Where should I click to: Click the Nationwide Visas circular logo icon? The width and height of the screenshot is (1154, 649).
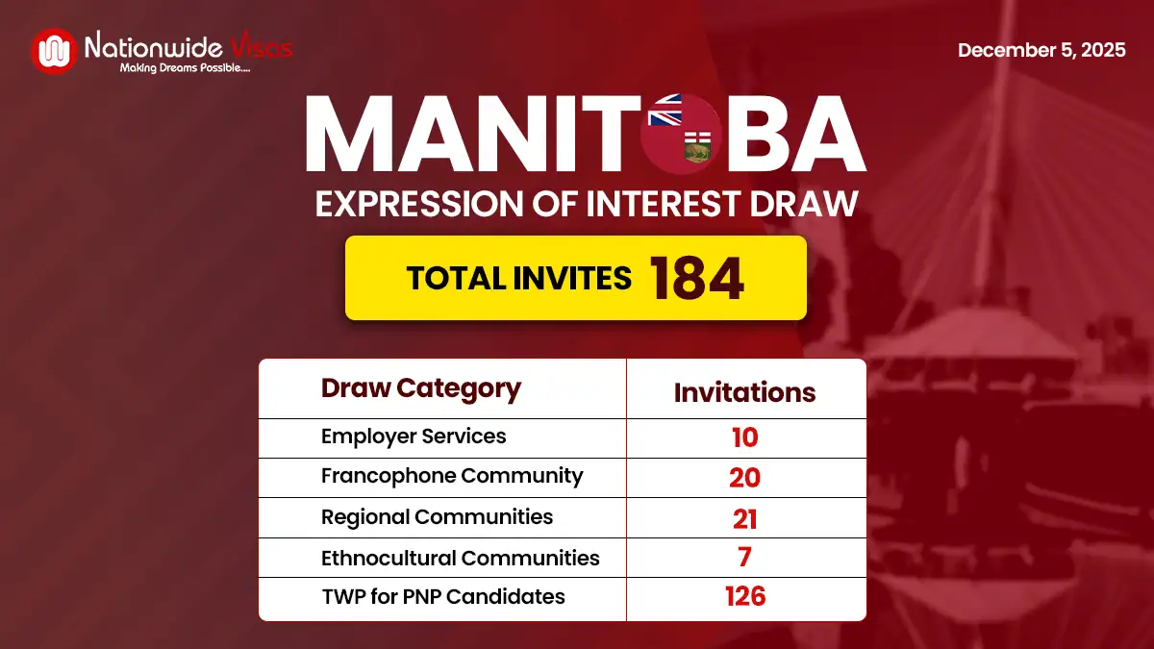pyautogui.click(x=54, y=51)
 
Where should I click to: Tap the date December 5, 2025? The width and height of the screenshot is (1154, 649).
pyautogui.click(x=1041, y=50)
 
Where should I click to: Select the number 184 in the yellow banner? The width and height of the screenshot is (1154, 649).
pyautogui.click(x=696, y=278)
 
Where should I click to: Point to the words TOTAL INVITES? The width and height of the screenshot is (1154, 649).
pyautogui.click(x=518, y=278)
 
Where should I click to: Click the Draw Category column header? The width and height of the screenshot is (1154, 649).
pyautogui.click(x=420, y=388)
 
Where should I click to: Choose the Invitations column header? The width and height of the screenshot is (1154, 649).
pyautogui.click(x=744, y=391)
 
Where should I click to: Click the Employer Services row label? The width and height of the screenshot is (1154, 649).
pyautogui.click(x=414, y=437)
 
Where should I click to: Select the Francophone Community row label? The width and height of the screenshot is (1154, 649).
pyautogui.click(x=452, y=476)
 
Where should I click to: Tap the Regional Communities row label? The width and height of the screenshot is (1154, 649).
pyautogui.click(x=437, y=516)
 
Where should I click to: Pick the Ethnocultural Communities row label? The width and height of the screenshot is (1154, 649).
pyautogui.click(x=460, y=558)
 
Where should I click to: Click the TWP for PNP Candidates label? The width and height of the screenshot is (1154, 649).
pyautogui.click(x=443, y=597)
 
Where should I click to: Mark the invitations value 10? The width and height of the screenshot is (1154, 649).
pyautogui.click(x=744, y=437)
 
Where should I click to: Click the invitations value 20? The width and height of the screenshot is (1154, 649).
pyautogui.click(x=744, y=477)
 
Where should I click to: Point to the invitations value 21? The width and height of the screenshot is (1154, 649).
pyautogui.click(x=744, y=518)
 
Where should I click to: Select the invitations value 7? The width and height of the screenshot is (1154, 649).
pyautogui.click(x=745, y=558)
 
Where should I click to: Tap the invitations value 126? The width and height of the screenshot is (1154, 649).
pyautogui.click(x=745, y=597)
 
